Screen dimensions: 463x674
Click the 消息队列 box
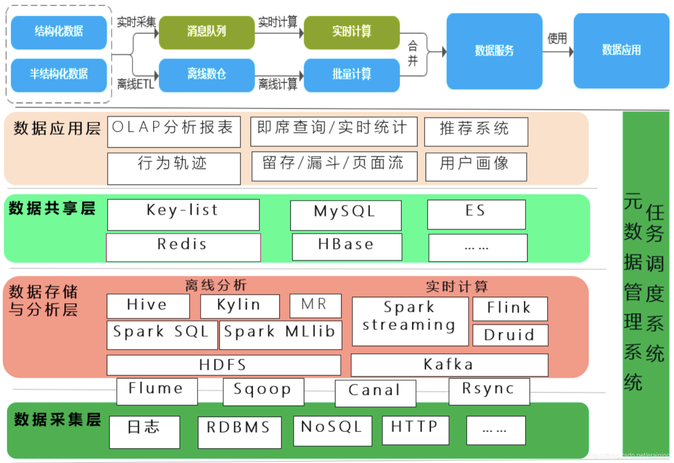click(206, 32)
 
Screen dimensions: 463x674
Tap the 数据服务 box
click(494, 51)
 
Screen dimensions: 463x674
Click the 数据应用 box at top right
click(621, 50)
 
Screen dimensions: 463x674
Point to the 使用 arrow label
click(557, 39)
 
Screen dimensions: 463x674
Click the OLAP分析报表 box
click(174, 132)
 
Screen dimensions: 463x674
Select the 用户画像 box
click(476, 166)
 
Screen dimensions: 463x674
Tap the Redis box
click(183, 247)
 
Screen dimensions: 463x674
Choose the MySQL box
click(345, 215)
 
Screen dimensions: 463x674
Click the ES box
click(476, 214)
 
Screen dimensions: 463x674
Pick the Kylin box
click(240, 306)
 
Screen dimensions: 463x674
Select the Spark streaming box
click(410, 321)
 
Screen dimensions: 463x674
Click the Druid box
click(510, 335)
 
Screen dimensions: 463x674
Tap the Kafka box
click(449, 365)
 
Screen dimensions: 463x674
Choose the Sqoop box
click(263, 391)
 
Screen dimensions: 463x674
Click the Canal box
click(375, 393)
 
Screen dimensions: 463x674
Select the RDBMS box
click(239, 432)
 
